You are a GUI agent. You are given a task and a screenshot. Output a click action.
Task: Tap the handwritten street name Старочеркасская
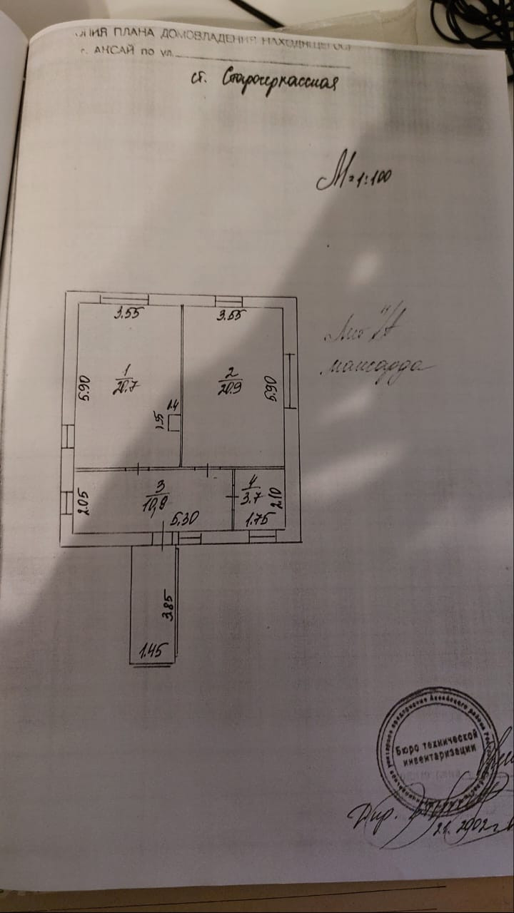[264, 81]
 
